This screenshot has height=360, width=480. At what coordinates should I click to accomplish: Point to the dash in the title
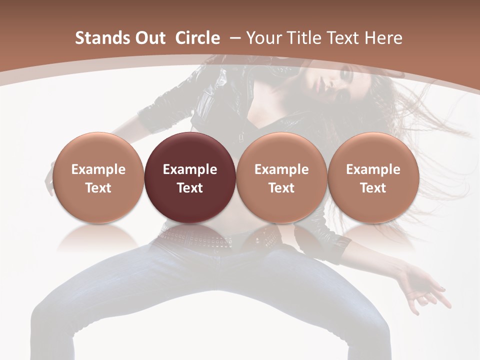[234, 38]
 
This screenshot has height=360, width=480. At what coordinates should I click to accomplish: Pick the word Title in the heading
[301, 38]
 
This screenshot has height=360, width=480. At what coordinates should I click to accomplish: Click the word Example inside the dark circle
[190, 169]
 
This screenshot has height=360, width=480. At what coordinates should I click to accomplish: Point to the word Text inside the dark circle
[190, 188]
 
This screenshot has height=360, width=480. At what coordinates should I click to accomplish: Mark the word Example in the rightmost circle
[373, 169]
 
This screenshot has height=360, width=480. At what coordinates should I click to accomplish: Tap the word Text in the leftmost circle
[98, 188]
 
